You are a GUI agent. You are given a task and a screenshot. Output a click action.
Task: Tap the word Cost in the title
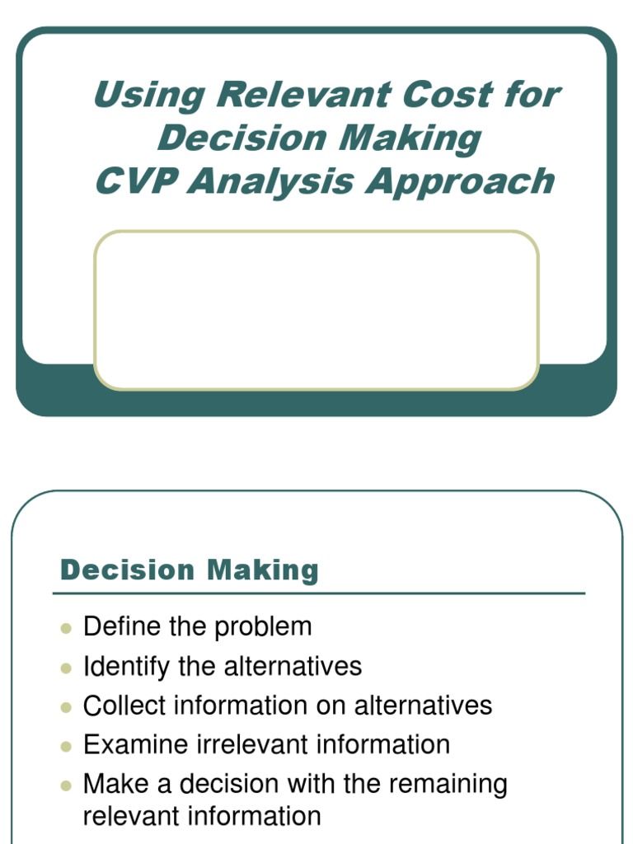pyautogui.click(x=442, y=96)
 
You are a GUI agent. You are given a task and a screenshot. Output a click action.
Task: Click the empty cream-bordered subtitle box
pyautogui.click(x=316, y=310)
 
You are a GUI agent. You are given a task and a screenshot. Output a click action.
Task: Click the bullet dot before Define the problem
pyautogui.click(x=67, y=629)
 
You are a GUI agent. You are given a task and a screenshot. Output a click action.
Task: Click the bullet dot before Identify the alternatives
pyautogui.click(x=67, y=668)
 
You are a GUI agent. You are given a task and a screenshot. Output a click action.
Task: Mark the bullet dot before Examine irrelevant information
pyautogui.click(x=67, y=747)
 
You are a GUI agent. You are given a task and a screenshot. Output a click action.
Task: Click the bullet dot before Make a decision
pyautogui.click(x=67, y=786)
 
